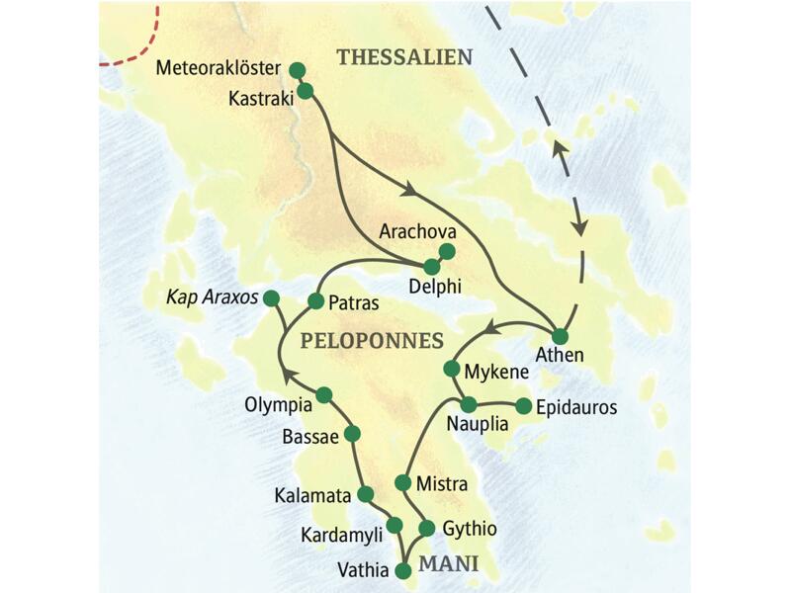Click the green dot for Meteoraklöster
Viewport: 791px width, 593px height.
[297, 70]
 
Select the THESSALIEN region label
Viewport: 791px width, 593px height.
[404, 57]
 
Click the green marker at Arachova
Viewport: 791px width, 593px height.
[447, 251]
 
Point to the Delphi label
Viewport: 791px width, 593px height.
[435, 288]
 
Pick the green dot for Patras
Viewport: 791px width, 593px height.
[316, 300]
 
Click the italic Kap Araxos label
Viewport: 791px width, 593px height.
[212, 296]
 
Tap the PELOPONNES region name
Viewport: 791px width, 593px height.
[371, 340]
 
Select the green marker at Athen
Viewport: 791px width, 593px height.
[560, 335]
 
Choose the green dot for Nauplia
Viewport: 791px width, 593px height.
[470, 404]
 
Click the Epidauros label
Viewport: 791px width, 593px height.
[575, 407]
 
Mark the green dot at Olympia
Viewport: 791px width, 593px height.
[323, 395]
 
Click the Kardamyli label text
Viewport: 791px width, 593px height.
[341, 534]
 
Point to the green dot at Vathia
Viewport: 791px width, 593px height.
[402, 570]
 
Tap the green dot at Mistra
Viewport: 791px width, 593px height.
[402, 482]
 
